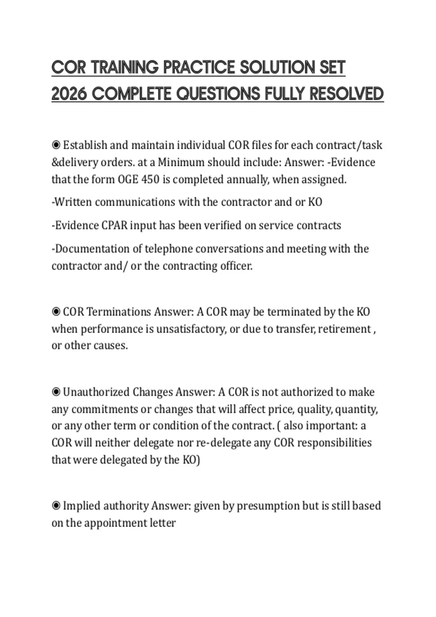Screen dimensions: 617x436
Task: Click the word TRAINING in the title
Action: [x=124, y=68]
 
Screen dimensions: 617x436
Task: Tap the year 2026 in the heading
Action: [x=69, y=94]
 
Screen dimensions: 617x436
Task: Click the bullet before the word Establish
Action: [x=56, y=145]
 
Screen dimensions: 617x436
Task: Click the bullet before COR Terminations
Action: [x=56, y=312]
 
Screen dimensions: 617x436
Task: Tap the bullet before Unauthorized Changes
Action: [x=56, y=392]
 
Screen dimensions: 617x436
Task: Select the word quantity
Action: [x=356, y=409]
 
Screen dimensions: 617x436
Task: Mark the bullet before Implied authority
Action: [x=56, y=506]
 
